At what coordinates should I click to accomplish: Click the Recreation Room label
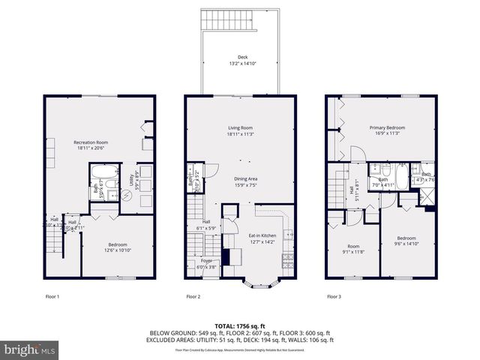point(91,145)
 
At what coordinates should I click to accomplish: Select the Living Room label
point(240,130)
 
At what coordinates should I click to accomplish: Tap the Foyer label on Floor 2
point(205,264)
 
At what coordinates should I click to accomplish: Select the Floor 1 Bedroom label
point(117,247)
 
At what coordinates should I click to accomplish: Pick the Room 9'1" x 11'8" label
point(353,249)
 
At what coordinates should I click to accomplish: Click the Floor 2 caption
point(193,297)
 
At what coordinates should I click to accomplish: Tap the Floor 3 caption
point(334,297)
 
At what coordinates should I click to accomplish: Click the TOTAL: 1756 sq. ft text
point(240,325)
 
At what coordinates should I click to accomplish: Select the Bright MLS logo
point(30,349)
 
